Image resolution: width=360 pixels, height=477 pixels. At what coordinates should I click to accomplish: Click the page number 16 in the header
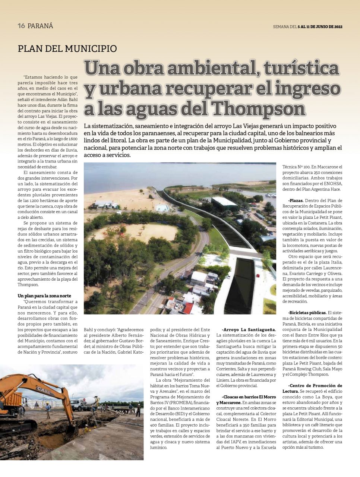click(21, 26)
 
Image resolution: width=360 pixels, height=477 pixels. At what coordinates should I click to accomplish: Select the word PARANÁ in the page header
click(40, 26)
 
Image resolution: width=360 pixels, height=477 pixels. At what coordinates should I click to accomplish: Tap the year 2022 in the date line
click(338, 27)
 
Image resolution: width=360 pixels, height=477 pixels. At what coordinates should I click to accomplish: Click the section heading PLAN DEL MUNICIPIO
click(67, 48)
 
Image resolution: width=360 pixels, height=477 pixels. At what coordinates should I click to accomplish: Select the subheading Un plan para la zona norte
click(44, 296)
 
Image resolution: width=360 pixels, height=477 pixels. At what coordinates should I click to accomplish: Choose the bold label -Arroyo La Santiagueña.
click(249, 329)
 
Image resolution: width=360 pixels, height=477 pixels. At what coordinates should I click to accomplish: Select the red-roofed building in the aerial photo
click(188, 308)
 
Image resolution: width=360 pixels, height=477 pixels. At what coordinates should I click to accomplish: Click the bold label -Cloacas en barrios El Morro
click(249, 397)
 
